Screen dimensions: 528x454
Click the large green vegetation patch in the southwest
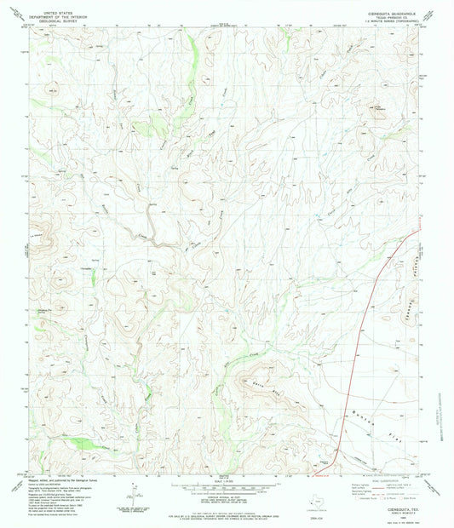click(83, 442)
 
